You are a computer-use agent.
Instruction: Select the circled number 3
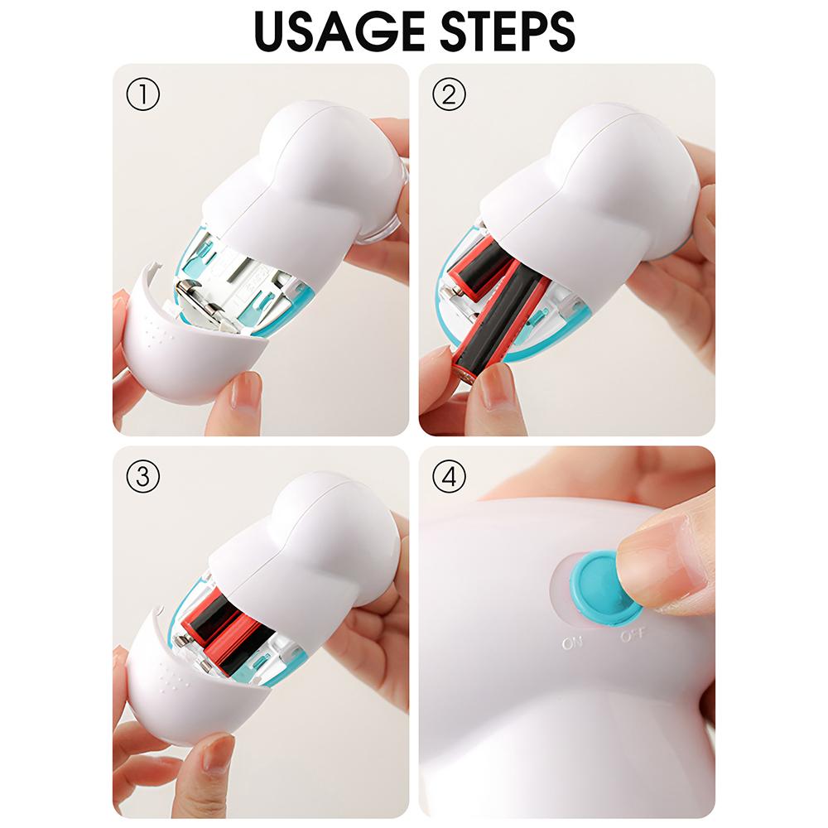(142, 477)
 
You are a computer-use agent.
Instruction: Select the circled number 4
(449, 477)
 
